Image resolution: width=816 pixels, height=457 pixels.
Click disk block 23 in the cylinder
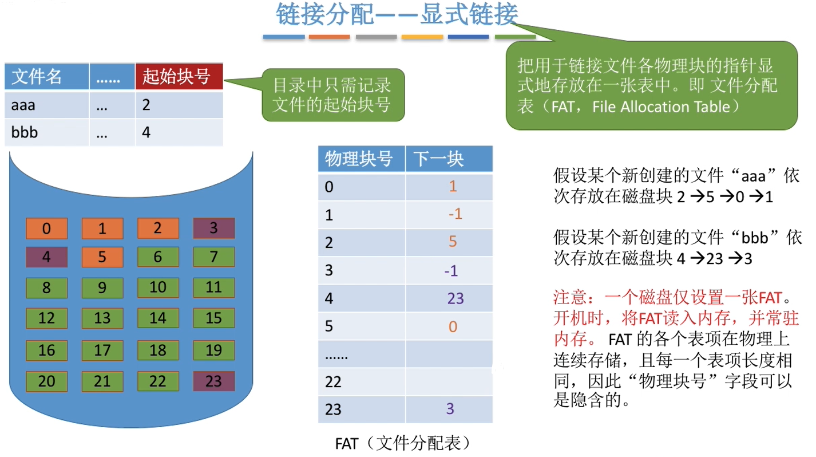(213, 381)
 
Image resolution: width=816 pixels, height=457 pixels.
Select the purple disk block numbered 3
(213, 229)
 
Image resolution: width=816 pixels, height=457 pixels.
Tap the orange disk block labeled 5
(102, 257)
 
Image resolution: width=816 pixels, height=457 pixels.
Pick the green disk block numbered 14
(158, 318)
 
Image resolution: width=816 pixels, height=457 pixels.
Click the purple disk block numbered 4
(46, 257)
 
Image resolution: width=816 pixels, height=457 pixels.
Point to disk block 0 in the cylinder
(46, 229)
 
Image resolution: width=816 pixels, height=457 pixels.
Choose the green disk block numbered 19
(213, 350)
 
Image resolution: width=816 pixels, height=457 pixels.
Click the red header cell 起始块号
(179, 76)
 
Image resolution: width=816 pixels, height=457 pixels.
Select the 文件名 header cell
(46, 76)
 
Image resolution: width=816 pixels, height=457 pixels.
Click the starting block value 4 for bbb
(146, 132)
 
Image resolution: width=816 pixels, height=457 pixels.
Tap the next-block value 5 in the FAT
(453, 242)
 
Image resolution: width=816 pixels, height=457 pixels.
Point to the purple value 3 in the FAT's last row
(450, 409)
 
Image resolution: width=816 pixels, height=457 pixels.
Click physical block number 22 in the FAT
(333, 381)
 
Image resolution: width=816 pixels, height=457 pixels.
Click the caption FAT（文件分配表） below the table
(403, 443)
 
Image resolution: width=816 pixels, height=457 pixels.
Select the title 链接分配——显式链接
(397, 16)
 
